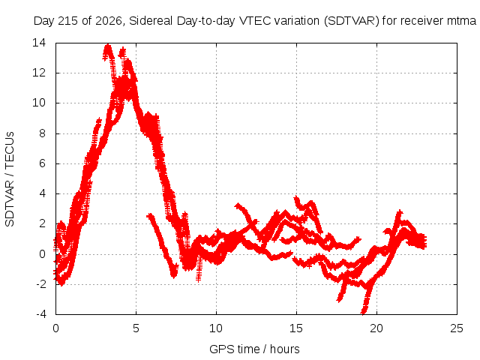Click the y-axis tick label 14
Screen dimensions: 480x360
point(39,43)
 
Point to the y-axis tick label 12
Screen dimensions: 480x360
point(39,73)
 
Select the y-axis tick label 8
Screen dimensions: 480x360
point(42,133)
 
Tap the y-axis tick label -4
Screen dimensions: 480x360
point(40,314)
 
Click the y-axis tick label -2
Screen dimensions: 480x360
point(40,284)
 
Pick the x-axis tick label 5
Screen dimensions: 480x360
point(136,328)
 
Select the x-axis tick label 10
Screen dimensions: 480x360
point(216,328)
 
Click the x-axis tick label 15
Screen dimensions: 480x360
point(296,328)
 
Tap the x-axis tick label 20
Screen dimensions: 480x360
point(376,328)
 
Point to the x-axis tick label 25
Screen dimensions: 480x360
point(457,328)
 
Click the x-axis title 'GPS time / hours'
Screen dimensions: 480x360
point(254,349)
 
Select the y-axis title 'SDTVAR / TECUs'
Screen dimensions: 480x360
point(10,179)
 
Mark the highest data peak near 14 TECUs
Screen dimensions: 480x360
point(108,46)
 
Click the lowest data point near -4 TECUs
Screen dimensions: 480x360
point(364,313)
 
